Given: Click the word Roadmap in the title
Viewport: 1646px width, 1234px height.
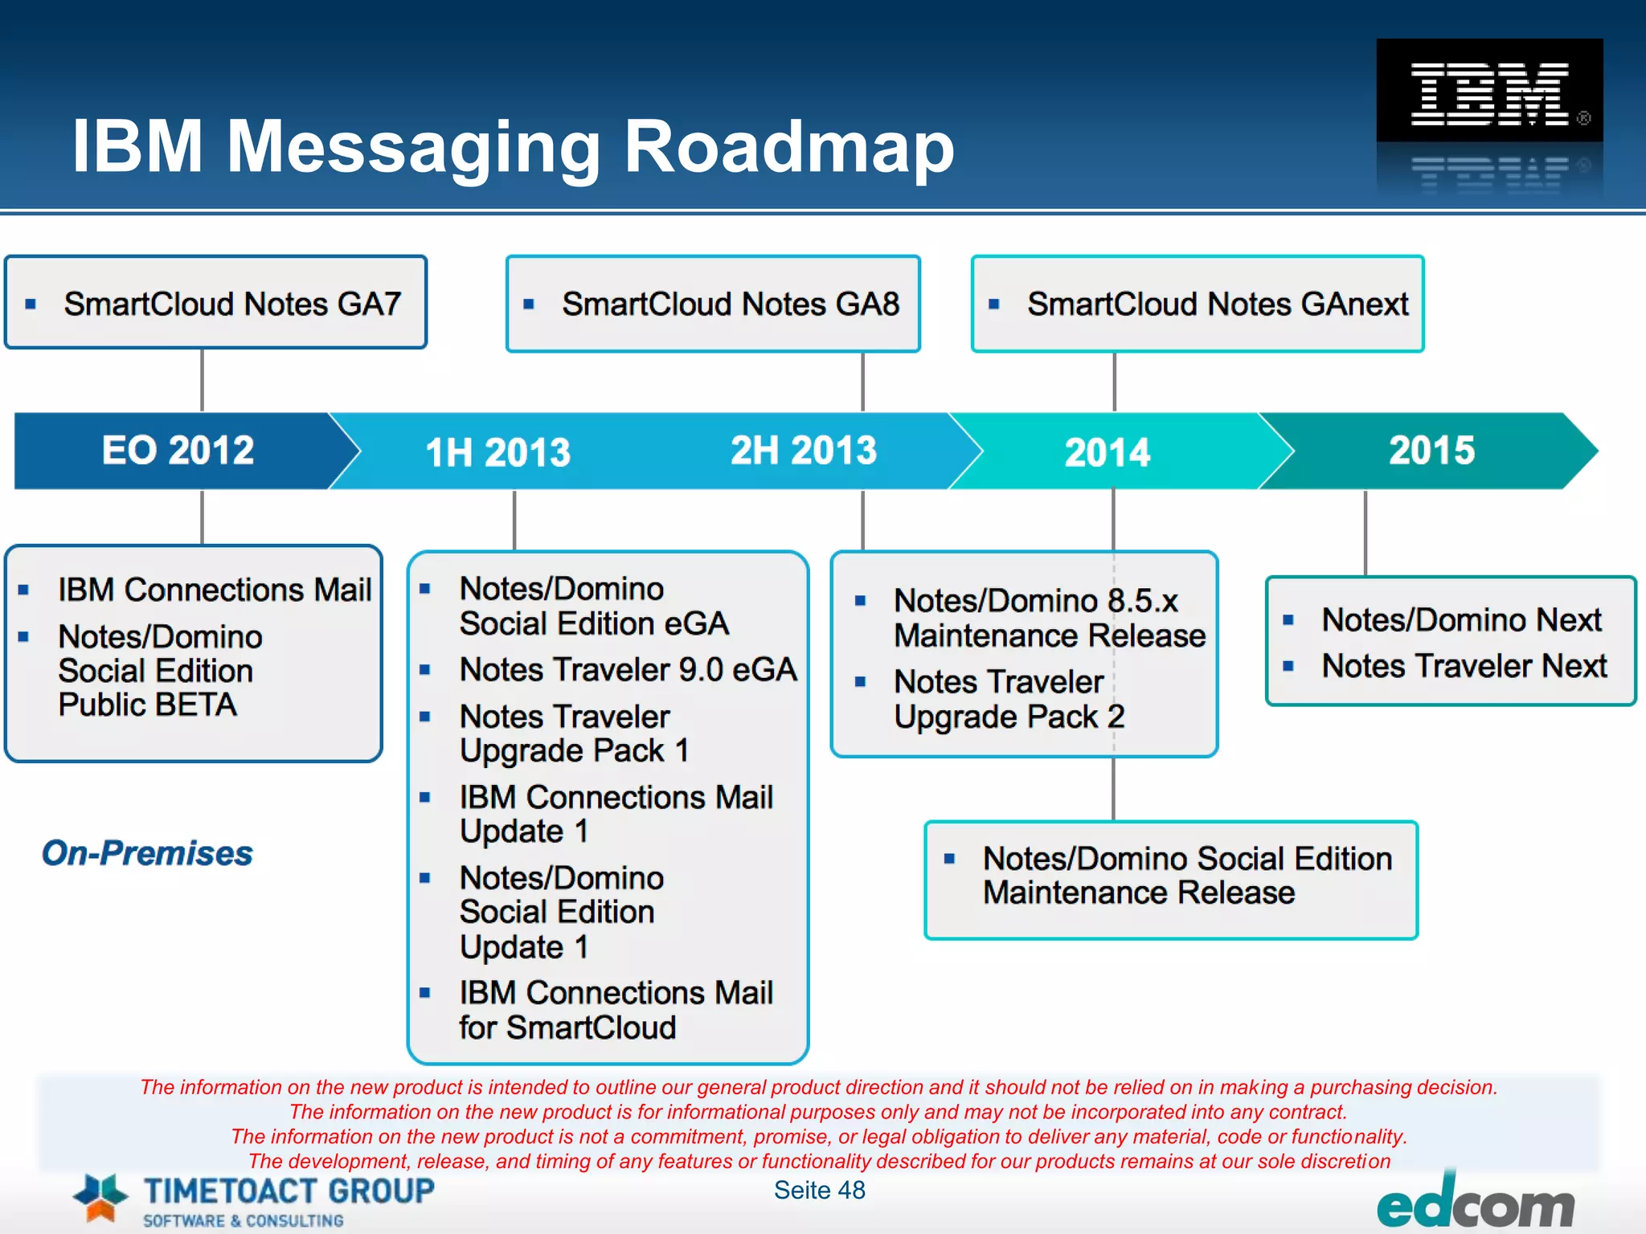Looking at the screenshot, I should (x=788, y=146).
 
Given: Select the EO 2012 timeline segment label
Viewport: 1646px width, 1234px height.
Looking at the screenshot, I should (x=178, y=450).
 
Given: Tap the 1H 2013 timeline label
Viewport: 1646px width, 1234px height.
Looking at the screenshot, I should (x=497, y=452).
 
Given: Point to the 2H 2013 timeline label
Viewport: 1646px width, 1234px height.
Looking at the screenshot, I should (x=803, y=450).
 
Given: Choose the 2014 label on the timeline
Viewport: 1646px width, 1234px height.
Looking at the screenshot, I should (x=1107, y=452).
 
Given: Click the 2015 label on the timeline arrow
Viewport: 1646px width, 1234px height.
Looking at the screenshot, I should (x=1431, y=450).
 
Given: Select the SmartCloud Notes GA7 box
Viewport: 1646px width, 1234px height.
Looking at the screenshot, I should (x=215, y=303).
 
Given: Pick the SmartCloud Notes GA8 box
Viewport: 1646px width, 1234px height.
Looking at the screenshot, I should (x=713, y=304).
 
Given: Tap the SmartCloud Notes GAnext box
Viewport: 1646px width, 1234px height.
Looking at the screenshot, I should (x=1198, y=304).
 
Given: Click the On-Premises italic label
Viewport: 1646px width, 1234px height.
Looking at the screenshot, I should (x=147, y=852).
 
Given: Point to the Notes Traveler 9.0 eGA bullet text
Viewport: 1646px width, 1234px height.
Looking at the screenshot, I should (x=628, y=669).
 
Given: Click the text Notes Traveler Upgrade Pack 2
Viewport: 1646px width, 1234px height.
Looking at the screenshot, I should (x=1009, y=699).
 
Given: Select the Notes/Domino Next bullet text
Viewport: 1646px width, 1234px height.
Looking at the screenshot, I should (x=1461, y=619).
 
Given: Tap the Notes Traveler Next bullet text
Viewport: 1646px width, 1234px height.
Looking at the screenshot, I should (x=1464, y=666).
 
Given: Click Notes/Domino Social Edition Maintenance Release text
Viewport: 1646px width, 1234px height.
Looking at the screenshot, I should (x=1186, y=876).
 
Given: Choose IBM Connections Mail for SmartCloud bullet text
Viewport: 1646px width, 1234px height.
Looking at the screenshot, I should (x=615, y=1010).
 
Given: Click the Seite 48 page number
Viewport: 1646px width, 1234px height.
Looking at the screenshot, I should (x=819, y=1190).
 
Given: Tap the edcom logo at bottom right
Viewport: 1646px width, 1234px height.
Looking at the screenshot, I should (x=1475, y=1206).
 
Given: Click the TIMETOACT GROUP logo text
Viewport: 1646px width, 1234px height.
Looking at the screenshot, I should (x=288, y=1191).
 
